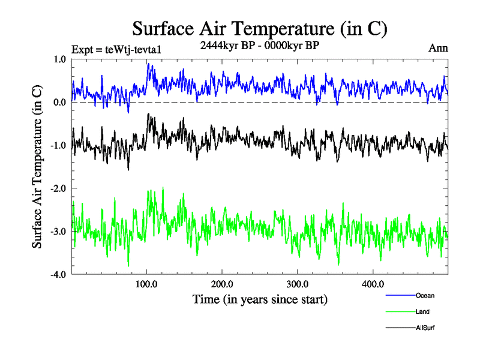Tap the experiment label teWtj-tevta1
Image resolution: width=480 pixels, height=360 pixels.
tap(116, 49)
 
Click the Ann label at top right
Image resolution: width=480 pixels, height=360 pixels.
tap(438, 47)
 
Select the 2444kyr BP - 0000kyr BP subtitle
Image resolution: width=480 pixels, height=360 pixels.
tap(259, 45)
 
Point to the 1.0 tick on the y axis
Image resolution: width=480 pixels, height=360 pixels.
tap(59, 59)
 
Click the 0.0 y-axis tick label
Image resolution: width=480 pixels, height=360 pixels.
tap(59, 102)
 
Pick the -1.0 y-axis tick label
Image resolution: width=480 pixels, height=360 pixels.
tap(58, 145)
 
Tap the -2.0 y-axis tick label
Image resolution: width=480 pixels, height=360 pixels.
tap(58, 188)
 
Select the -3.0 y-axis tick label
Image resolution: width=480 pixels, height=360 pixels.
tap(58, 232)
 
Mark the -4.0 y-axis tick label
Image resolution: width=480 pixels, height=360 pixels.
tap(58, 275)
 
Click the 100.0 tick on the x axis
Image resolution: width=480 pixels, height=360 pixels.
tap(147, 284)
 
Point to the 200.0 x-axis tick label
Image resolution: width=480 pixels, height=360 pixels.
tap(222, 284)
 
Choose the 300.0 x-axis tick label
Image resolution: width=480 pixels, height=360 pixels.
tap(298, 284)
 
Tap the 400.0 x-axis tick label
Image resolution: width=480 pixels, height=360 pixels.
tap(373, 284)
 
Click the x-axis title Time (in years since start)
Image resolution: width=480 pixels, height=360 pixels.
tap(260, 299)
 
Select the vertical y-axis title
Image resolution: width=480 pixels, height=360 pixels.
tap(37, 167)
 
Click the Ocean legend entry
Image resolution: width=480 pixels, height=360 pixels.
tap(424, 295)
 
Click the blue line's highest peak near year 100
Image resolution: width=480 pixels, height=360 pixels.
tap(148, 64)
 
